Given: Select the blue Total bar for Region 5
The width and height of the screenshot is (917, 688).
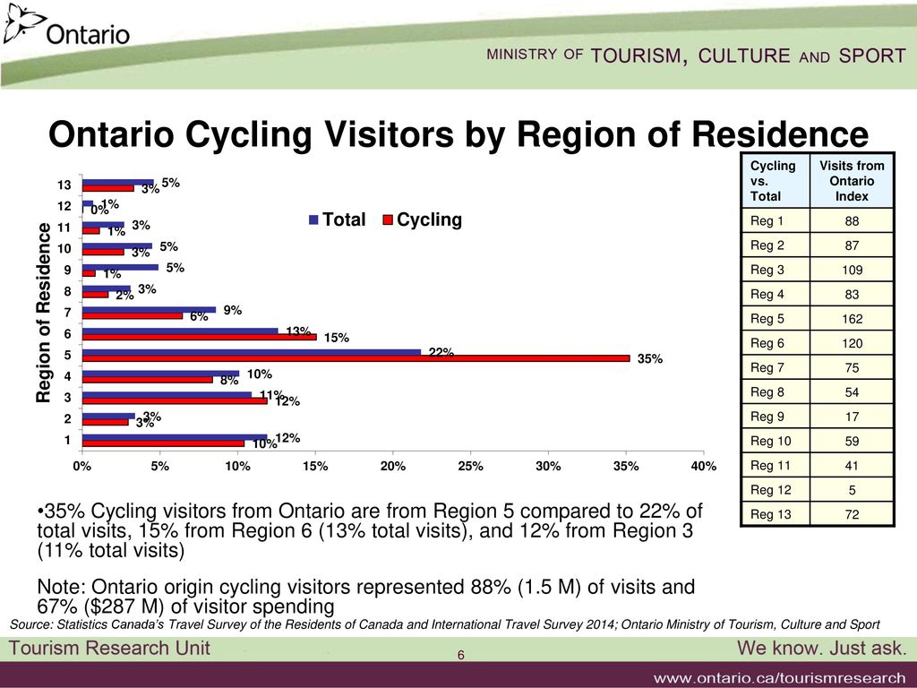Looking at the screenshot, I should [251, 351].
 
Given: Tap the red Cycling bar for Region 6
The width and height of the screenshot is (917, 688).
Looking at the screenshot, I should [198, 338].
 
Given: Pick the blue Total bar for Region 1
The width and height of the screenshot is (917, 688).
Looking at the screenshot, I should [174, 437].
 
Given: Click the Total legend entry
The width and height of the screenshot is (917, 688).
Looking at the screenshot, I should [337, 220].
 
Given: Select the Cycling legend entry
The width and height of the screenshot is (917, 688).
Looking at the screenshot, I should [423, 220].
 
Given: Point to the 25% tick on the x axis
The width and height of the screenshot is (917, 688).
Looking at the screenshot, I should [470, 466].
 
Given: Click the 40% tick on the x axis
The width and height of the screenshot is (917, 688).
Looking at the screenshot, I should [704, 466].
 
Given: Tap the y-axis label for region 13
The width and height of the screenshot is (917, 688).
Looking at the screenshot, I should [61, 185].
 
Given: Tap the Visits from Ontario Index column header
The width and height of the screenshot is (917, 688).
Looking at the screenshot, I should [852, 180].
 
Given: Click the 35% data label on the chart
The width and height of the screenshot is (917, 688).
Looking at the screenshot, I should [649, 359].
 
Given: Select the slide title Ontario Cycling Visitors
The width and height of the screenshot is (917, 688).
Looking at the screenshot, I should [458, 135].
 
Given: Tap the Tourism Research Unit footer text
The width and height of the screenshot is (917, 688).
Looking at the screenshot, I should [110, 649].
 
